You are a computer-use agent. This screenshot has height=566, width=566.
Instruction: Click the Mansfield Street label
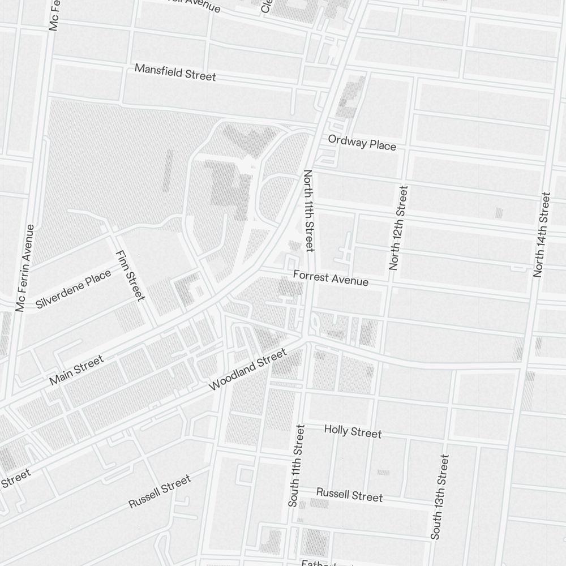175,72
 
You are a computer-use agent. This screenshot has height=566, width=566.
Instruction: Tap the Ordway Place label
362,142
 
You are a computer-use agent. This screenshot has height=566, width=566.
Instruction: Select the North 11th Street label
308,211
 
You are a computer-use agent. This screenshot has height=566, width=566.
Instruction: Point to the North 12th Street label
398,228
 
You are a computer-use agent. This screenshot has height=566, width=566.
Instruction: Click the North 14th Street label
542,234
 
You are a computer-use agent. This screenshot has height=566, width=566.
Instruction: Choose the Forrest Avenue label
331,277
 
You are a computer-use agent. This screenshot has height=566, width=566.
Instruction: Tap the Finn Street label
130,275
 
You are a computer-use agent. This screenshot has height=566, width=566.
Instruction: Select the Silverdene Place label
73,289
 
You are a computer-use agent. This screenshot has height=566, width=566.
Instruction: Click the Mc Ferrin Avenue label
25,268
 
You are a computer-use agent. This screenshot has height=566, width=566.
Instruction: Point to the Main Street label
76,370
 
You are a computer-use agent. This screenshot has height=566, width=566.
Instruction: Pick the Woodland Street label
247,370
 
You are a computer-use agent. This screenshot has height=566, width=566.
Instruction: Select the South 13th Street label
439,496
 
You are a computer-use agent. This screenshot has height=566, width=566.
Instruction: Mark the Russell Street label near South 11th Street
349,494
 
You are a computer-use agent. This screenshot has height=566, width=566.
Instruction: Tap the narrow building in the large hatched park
168,170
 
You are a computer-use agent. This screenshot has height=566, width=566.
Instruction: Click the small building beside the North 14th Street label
499,213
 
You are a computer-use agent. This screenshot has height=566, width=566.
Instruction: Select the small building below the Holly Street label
383,472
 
